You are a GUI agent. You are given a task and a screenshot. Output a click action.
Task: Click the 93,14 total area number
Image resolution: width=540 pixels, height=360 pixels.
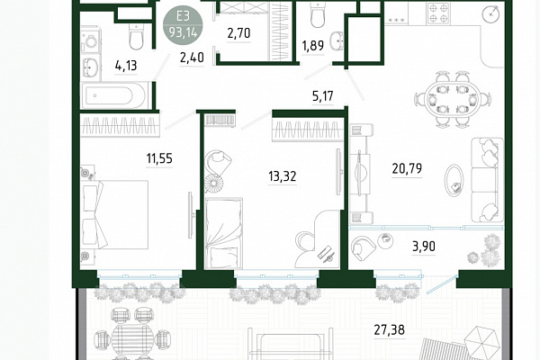click(x=183, y=32)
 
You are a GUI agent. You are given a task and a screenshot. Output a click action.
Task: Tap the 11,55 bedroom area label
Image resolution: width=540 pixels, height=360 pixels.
click(x=159, y=158)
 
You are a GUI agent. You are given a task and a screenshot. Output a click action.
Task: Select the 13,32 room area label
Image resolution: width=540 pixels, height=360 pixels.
click(x=282, y=176)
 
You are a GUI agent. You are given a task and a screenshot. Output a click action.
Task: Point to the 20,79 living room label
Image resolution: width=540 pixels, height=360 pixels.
click(x=407, y=168)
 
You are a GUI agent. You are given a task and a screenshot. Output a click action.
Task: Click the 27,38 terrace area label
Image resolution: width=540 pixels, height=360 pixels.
click(x=389, y=329)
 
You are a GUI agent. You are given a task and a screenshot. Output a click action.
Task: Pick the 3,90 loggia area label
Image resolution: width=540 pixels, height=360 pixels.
click(x=424, y=246)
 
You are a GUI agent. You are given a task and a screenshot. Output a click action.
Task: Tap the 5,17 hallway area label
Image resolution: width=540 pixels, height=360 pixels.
click(x=323, y=95)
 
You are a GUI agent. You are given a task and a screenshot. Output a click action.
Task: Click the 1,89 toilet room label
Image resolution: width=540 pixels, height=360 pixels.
click(x=312, y=45)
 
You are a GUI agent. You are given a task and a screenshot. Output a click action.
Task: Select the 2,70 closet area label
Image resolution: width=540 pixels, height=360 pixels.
click(x=238, y=33)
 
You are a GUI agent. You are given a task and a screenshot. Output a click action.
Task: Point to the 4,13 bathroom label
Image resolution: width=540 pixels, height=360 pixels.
click(x=126, y=65)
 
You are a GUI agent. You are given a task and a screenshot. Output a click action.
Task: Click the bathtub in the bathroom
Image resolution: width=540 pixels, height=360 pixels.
click(x=114, y=95)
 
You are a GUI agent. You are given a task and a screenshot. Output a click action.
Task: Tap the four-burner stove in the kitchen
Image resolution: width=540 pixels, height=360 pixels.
click(x=439, y=13)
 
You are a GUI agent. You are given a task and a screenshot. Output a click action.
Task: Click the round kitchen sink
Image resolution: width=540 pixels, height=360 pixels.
click(x=491, y=13)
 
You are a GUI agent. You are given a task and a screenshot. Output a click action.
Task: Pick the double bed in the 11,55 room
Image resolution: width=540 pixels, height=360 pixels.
click(x=114, y=214)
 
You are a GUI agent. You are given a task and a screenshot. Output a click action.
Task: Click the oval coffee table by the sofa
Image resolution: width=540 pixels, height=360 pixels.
click(x=454, y=181)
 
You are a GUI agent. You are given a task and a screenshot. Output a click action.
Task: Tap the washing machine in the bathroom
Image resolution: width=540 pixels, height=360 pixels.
click(x=91, y=41)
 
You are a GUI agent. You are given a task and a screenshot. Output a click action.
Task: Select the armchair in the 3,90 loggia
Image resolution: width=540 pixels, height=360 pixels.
click(x=363, y=248)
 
